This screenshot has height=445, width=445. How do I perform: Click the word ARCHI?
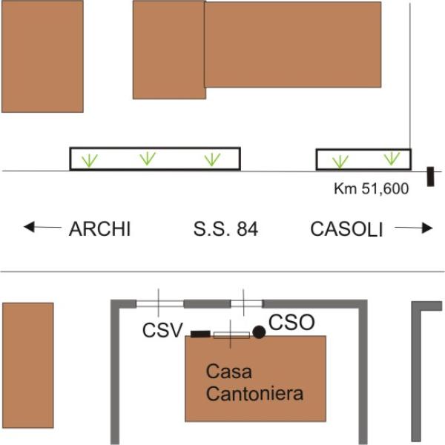(99, 228)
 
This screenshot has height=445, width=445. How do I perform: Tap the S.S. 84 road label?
(225, 228)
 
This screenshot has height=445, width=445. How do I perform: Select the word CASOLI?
(346, 228)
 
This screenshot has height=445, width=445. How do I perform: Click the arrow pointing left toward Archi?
(42, 227)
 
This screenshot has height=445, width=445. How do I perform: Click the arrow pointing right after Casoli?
(414, 228)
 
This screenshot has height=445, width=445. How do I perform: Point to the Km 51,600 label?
(372, 188)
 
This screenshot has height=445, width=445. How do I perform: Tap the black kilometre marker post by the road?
(430, 177)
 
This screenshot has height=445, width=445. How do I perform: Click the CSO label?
(291, 323)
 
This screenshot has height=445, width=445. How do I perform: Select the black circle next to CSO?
(259, 332)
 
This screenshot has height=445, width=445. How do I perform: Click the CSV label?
(162, 330)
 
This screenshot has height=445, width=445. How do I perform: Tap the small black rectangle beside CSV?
(200, 334)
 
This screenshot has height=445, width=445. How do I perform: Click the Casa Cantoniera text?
(254, 382)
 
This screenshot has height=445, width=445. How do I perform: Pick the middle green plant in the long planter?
(148, 159)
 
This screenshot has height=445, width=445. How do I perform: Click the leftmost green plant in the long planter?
(90, 161)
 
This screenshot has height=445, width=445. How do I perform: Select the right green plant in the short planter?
(392, 159)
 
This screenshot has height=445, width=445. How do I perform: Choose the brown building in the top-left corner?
(42, 56)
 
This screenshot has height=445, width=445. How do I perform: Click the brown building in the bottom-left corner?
(28, 365)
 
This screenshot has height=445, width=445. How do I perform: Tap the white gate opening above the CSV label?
(159, 304)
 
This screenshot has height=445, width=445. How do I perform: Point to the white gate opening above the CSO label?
(246, 304)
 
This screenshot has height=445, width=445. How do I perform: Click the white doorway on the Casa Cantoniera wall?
(231, 335)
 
